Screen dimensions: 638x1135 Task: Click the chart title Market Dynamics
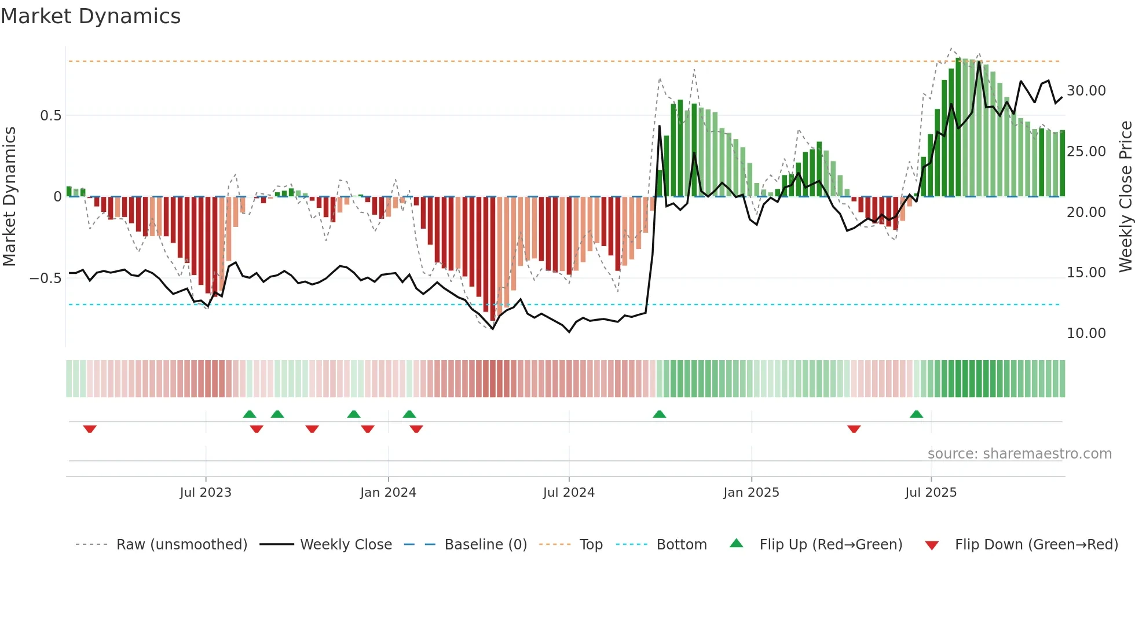91,16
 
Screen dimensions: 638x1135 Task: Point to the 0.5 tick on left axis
50,115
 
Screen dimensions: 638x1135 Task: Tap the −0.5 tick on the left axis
46,278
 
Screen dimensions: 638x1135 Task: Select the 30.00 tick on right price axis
1086,91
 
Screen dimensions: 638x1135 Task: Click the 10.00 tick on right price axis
1086,333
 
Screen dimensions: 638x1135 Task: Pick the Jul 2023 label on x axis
205,493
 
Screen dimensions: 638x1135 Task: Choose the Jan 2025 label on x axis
751,493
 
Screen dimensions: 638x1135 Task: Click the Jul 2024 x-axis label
569,493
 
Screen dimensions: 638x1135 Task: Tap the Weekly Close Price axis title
1125,196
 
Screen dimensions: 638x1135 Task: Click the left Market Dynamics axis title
9,196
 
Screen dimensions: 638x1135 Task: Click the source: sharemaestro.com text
1019,454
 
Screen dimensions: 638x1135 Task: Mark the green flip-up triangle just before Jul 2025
916,414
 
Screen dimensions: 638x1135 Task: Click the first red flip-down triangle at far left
90,429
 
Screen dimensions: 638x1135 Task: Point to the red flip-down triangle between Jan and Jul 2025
854,429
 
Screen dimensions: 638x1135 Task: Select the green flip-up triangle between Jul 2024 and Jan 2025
659,414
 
